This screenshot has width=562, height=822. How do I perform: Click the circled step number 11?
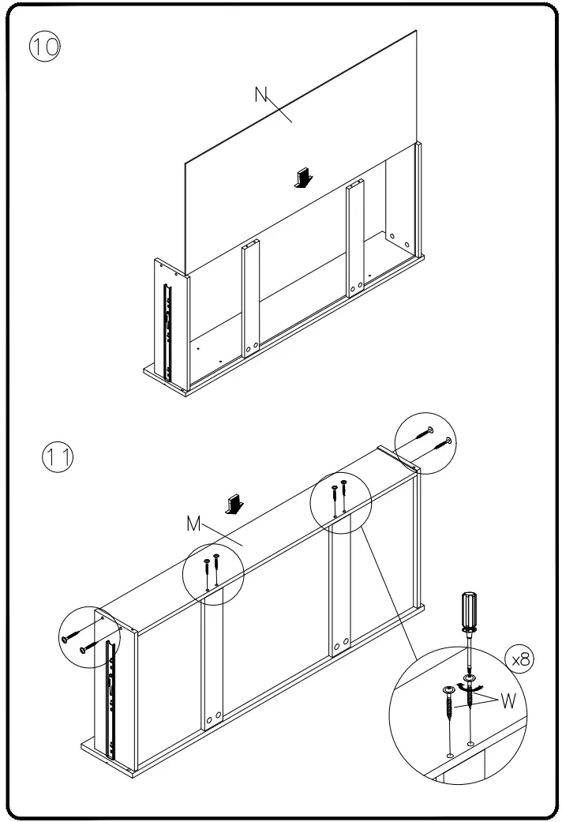(x=57, y=458)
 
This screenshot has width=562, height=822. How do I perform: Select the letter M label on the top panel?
(x=194, y=524)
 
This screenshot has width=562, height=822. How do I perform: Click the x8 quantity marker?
(x=519, y=659)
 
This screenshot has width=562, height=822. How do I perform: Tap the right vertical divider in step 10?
(x=356, y=237)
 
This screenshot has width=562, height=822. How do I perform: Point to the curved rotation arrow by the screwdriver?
(x=475, y=694)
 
